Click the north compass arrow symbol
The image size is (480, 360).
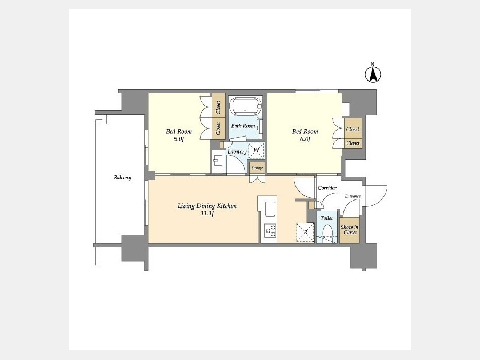[373, 74]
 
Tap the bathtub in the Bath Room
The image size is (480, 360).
[246, 106]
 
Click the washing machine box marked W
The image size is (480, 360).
[256, 150]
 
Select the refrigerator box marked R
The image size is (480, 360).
[305, 233]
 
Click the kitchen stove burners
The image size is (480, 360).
[270, 230]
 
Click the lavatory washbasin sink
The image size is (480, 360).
[219, 160]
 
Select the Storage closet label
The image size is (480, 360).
[257, 168]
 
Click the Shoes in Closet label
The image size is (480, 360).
[349, 229]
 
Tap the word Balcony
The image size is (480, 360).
[123, 178]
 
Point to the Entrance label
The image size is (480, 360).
[353, 196]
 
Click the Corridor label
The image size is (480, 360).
[327, 188]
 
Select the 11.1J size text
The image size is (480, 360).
[206, 214]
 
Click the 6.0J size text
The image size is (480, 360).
[305, 139]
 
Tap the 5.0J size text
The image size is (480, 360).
[179, 139]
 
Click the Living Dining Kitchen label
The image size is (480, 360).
[207, 206]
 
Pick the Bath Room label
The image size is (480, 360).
[243, 126]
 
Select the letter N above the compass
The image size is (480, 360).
[373, 64]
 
